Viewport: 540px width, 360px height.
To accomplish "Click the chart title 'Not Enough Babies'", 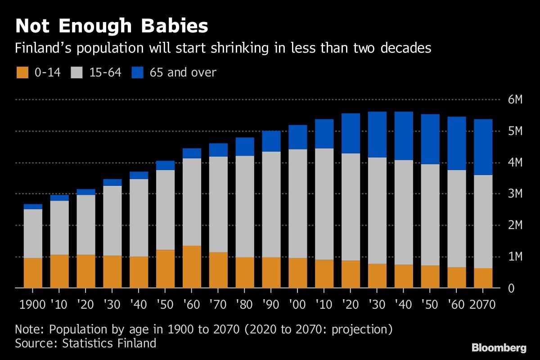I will pyautogui.click(x=112, y=26).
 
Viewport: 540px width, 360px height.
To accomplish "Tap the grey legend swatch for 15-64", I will pyautogui.click(x=77, y=72).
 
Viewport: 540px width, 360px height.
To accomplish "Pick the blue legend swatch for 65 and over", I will pyautogui.click(x=138, y=72).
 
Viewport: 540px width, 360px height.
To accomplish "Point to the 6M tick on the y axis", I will pyautogui.click(x=514, y=100).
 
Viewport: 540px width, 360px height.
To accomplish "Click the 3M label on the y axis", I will pyautogui.click(x=514, y=194).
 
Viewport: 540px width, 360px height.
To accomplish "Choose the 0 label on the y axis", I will pyautogui.click(x=511, y=288).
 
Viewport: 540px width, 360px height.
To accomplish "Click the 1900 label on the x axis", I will pyautogui.click(x=33, y=305).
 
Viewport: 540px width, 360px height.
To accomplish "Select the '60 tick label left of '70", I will pyautogui.click(x=192, y=305).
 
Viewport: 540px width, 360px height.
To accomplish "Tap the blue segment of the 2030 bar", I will pyautogui.click(x=378, y=134).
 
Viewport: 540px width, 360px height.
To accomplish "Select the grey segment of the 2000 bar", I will pyautogui.click(x=298, y=203).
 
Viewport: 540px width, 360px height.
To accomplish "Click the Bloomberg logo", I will pyautogui.click(x=499, y=348).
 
